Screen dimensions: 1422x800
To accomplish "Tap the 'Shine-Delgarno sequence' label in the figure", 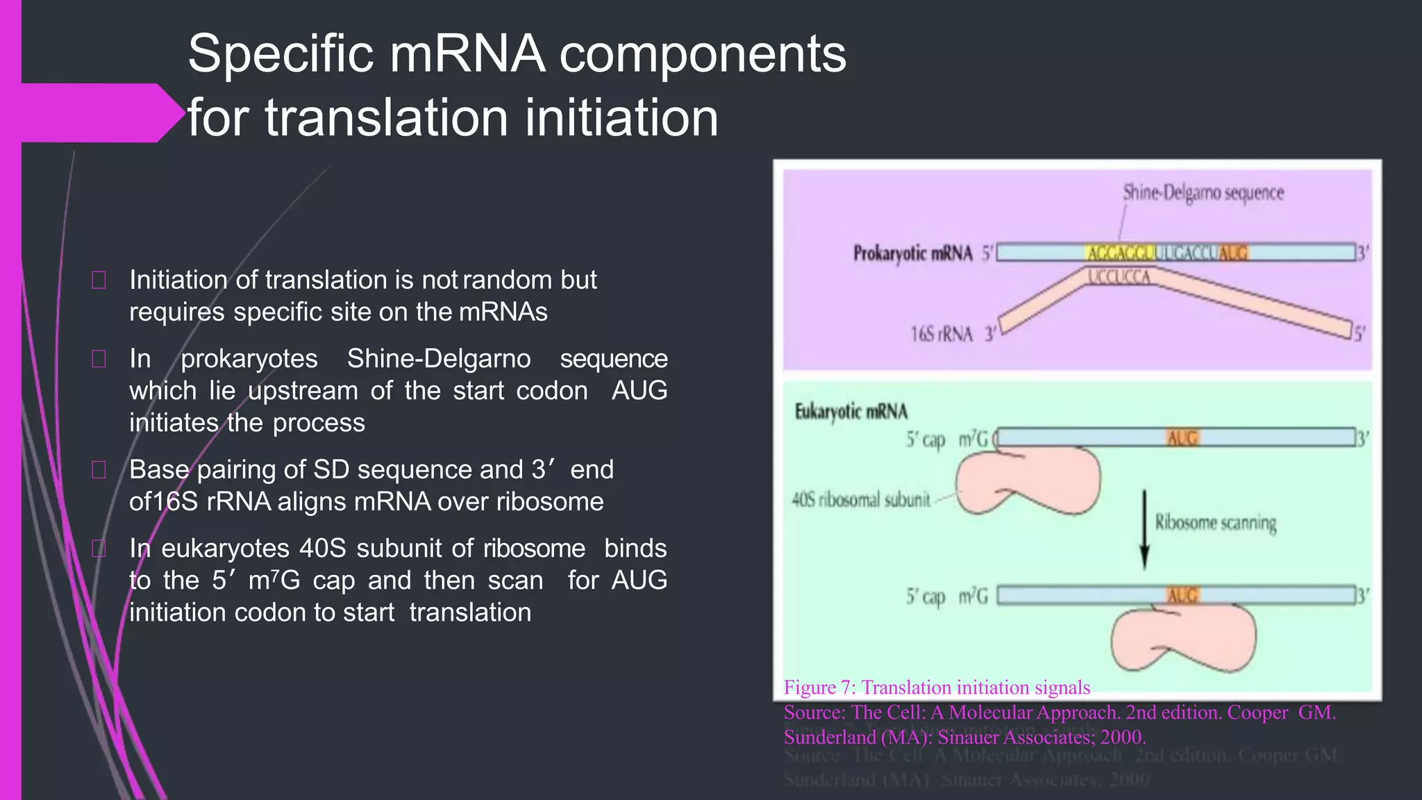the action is pos(1203,192).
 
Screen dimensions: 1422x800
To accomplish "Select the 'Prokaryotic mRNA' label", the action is pos(912,253).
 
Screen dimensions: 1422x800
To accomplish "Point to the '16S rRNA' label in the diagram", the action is pos(942,334).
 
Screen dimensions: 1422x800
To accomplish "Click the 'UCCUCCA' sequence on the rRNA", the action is pos(1119,278).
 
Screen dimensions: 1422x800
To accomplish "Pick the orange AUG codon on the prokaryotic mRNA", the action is pos(1233,253).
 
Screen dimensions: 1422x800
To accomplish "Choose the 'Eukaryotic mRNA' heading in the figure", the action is pos(851,412).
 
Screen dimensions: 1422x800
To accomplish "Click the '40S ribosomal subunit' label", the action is pos(861,499).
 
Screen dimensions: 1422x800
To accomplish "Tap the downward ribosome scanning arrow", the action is pos(1144,530).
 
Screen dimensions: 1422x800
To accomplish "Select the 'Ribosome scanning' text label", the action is pos(1215,522).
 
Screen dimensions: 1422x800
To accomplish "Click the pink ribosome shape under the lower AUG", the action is pos(1183,637).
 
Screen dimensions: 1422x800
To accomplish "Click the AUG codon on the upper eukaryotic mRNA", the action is pos(1182,438).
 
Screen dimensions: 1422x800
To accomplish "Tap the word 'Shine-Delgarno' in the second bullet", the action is pos(439,358).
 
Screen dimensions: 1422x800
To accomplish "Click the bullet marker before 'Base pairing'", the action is pos(99,470).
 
